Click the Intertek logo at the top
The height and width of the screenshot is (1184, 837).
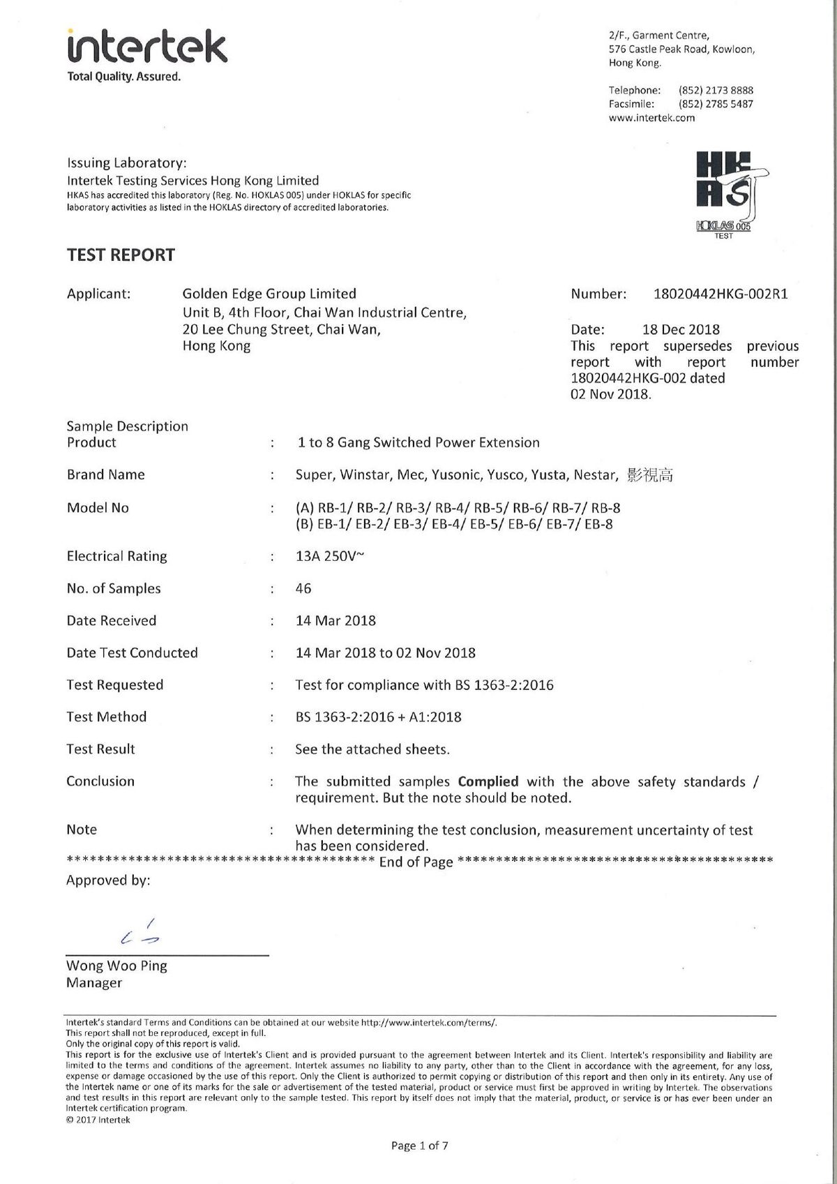146,48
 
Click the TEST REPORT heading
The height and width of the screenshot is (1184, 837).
121,255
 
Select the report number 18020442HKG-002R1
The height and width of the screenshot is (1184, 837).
721,294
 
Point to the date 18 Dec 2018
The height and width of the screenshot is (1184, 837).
681,329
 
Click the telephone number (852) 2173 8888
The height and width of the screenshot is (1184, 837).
716,90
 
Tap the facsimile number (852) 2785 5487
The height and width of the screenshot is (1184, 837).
716,104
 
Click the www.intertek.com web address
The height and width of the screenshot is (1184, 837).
651,118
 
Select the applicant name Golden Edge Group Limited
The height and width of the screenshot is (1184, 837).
269,294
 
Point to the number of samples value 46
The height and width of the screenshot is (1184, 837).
303,589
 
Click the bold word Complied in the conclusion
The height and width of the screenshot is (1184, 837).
488,781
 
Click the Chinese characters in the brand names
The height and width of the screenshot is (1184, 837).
650,476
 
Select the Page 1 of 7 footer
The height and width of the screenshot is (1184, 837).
419,1146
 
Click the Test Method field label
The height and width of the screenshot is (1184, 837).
107,717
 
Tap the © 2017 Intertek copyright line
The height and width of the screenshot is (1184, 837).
98,1120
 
